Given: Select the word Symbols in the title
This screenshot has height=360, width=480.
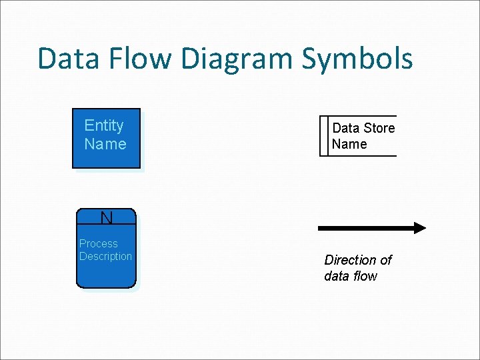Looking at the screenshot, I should click(357, 60).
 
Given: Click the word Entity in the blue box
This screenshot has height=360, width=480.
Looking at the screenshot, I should click(104, 125).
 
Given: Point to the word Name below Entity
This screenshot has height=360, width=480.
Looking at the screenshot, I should click(105, 144).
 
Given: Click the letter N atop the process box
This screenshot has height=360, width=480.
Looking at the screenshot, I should click(106, 217).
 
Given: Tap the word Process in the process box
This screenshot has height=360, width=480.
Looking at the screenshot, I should click(98, 244).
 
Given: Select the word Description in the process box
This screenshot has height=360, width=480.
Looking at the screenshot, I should click(105, 257).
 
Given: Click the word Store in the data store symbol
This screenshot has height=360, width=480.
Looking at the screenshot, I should click(379, 128).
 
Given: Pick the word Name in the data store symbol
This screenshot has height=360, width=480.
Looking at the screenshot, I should click(349, 144).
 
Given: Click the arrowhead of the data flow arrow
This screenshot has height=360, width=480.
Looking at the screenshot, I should click(419, 228).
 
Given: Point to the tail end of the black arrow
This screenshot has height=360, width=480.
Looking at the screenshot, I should click(321, 228).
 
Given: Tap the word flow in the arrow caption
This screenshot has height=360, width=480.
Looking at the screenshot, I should click(365, 276).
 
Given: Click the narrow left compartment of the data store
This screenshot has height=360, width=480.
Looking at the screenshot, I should click(325, 136).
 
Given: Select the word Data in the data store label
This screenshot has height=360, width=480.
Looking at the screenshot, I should click(345, 128).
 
